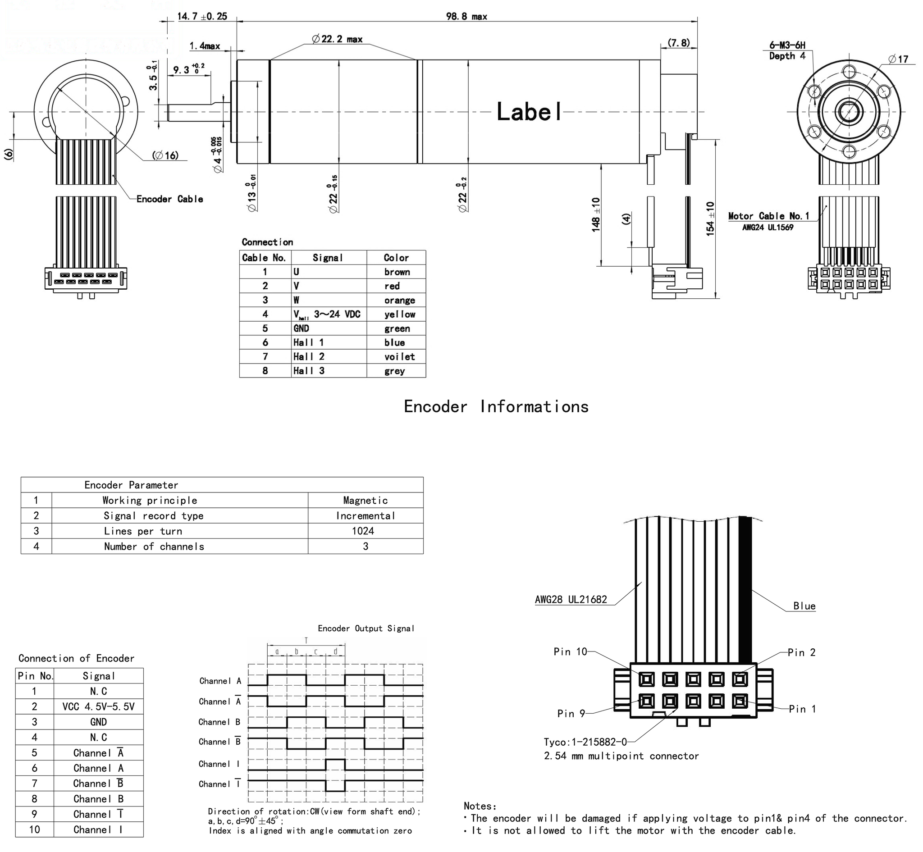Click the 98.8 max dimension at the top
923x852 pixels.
(466, 17)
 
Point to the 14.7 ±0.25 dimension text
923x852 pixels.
(202, 17)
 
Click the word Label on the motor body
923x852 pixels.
(529, 112)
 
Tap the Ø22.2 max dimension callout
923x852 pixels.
(337, 39)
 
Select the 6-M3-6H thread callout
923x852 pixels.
(787, 45)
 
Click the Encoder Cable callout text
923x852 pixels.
(170, 199)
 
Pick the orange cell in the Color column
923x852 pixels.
(399, 301)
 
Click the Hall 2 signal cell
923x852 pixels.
(309, 357)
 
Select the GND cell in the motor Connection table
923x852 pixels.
(301, 329)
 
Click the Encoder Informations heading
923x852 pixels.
(496, 407)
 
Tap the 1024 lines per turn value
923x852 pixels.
(362, 531)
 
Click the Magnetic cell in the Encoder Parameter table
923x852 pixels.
(365, 501)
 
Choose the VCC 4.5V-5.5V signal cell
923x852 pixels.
(98, 707)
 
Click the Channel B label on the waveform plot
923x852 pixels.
(219, 722)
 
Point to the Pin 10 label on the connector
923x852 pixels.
(570, 652)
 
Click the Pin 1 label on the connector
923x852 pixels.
(802, 709)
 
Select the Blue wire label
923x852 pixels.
(804, 606)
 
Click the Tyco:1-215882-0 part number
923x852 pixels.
(585, 742)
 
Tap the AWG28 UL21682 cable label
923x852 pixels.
(571, 600)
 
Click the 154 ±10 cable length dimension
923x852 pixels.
(710, 219)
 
